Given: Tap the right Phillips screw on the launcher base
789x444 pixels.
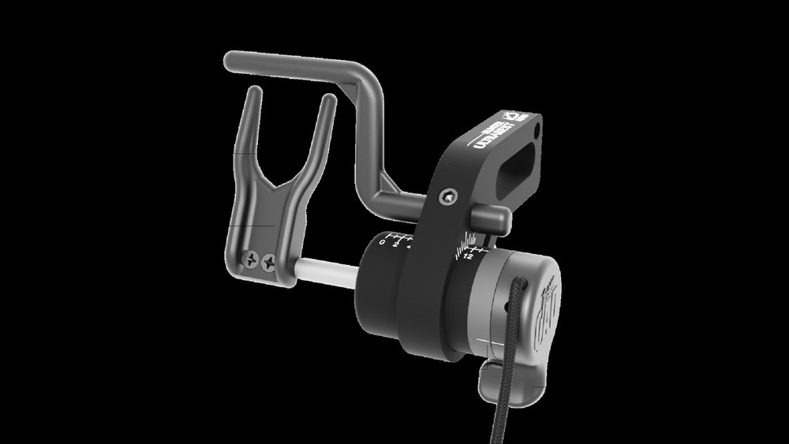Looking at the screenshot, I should click(270, 259).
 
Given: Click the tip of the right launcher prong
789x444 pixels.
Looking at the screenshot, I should click(329, 100).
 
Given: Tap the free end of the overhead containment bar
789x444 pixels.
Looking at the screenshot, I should click(230, 59).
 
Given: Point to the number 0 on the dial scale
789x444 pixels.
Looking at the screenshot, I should click(383, 243).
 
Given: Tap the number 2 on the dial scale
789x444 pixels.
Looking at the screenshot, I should click(396, 244).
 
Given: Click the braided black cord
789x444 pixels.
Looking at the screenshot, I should click(506, 371).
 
